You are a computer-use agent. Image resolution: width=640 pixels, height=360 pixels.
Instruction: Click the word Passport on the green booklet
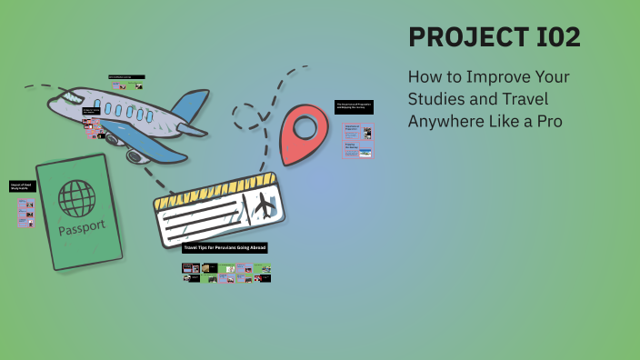(81, 225)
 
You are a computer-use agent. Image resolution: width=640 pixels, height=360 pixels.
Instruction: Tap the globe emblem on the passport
(76, 198)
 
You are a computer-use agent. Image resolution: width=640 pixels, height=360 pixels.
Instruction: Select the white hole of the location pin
(302, 125)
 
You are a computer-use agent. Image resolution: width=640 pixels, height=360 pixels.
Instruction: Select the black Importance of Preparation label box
(354, 106)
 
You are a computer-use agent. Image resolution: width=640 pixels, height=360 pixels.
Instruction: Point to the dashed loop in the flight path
(246, 115)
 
